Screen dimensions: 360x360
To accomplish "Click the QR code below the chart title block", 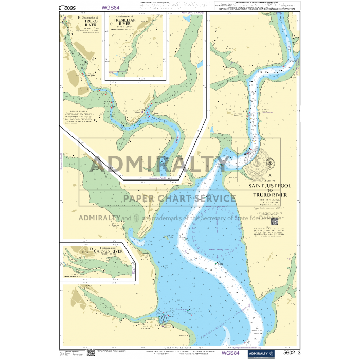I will pos(275,221).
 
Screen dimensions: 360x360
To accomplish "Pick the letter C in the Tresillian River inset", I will pos(111,23).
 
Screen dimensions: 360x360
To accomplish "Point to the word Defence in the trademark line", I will pos(270,217).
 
